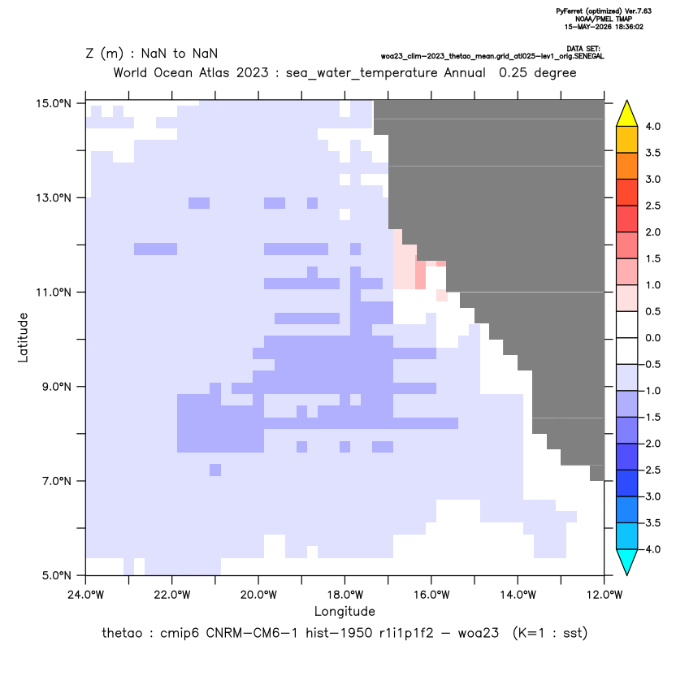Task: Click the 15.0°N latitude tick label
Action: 54,103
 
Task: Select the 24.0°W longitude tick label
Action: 86,595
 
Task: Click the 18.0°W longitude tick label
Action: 344,595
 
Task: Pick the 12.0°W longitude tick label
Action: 604,595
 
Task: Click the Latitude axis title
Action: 23,337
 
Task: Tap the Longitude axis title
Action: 344,611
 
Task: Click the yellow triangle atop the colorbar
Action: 627,115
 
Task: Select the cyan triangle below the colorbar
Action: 627,561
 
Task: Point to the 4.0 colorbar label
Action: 652,126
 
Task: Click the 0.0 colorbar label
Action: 652,337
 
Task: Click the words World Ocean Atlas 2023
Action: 191,72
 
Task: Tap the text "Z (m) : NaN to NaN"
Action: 152,54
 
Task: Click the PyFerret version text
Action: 604,11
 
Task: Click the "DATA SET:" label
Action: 583,49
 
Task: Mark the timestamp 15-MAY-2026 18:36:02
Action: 604,27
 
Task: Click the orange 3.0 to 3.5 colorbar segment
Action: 627,166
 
